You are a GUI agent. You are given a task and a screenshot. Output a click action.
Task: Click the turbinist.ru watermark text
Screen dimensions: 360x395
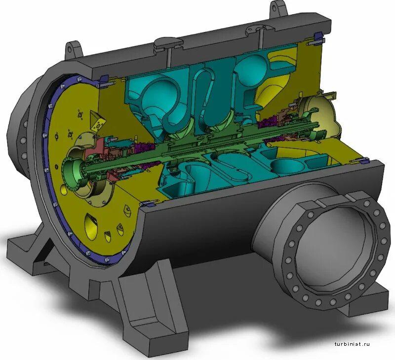(352, 344)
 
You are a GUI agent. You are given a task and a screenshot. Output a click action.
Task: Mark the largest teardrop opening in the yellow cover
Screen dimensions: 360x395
(92, 224)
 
